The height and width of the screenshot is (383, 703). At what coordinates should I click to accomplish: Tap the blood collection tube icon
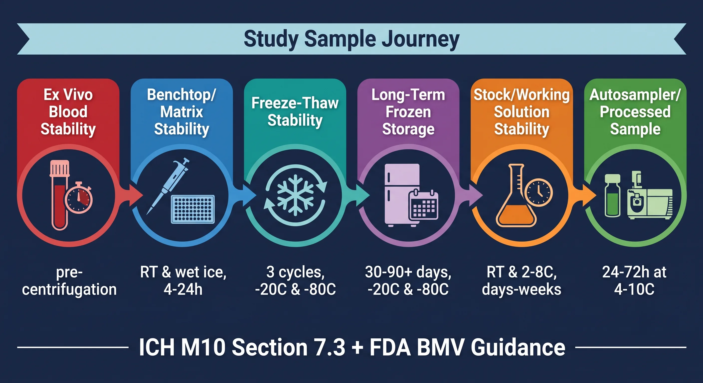[x=59, y=195]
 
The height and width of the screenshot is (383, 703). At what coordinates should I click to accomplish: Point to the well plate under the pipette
[x=193, y=209]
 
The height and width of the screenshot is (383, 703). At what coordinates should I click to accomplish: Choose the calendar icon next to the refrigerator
[x=423, y=205]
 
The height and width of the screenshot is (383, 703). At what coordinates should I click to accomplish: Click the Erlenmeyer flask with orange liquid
[x=516, y=195]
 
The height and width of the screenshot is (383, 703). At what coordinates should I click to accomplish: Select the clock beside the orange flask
[x=539, y=192]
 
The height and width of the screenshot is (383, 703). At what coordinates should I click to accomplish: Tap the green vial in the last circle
[x=612, y=195]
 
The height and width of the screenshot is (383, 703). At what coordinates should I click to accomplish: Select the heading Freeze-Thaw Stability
[x=295, y=111]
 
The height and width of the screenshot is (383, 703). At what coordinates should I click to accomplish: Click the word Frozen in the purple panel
[x=408, y=112]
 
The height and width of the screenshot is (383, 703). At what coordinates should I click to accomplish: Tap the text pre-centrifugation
[x=69, y=281]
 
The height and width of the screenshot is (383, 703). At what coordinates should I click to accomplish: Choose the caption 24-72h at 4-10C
[x=635, y=281]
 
